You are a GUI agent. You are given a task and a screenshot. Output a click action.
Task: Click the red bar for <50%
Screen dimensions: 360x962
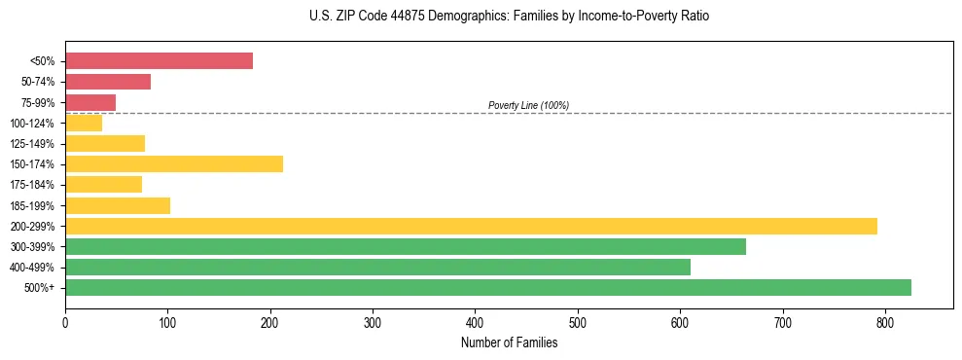[159, 61]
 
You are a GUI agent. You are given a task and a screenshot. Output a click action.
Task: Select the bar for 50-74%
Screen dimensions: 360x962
[108, 82]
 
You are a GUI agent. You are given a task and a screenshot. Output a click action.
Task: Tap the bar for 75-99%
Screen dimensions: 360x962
[90, 102]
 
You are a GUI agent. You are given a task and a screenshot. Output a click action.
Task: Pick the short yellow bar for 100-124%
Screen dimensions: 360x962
[84, 123]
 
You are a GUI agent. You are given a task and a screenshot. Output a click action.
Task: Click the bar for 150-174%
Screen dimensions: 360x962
[174, 163]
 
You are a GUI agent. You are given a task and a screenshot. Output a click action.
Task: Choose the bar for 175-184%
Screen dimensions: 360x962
[103, 184]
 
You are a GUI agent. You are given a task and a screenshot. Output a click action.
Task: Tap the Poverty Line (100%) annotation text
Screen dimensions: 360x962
[528, 105]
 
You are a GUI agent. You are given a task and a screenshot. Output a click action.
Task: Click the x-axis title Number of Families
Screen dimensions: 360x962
[509, 342]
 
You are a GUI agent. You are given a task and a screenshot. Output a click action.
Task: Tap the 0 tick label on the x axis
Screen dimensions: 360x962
[65, 321]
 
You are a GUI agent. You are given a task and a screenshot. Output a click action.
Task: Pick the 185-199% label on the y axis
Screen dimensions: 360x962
[32, 205]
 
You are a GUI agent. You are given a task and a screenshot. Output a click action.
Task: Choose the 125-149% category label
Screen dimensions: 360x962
[32, 144]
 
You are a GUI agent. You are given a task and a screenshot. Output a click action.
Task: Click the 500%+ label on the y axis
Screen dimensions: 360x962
[39, 288]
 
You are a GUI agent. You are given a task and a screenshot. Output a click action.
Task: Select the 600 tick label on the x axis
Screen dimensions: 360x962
[680, 321]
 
